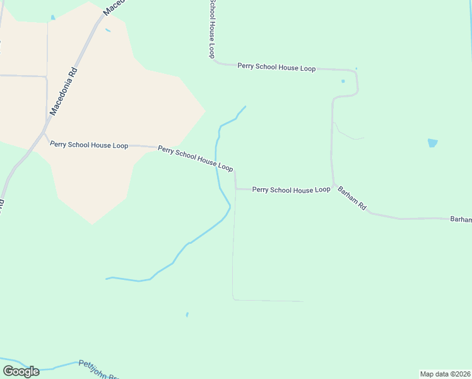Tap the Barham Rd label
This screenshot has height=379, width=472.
coord(351,198)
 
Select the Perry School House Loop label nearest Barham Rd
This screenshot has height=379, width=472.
coord(291,189)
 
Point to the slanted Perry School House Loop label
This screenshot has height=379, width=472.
coord(196,159)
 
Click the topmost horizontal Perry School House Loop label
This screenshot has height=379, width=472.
coord(276,67)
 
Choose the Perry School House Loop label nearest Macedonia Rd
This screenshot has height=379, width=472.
coord(89,145)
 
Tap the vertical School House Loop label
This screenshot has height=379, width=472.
coord(212,29)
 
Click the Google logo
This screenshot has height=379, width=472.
coord(21,371)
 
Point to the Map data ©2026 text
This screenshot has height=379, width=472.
coord(445,374)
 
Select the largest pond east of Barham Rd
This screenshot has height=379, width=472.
coord(432,143)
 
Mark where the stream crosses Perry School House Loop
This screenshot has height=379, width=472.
coord(216,163)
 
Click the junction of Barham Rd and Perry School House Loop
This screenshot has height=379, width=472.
coord(333,185)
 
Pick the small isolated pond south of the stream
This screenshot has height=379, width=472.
coord(187,314)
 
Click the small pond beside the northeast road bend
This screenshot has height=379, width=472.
coord(343,81)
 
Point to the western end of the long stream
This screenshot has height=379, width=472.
coord(107,279)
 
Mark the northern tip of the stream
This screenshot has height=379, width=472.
coord(245,106)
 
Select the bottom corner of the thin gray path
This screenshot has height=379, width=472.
coord(233,299)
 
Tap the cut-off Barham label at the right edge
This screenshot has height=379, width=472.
coord(461,219)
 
